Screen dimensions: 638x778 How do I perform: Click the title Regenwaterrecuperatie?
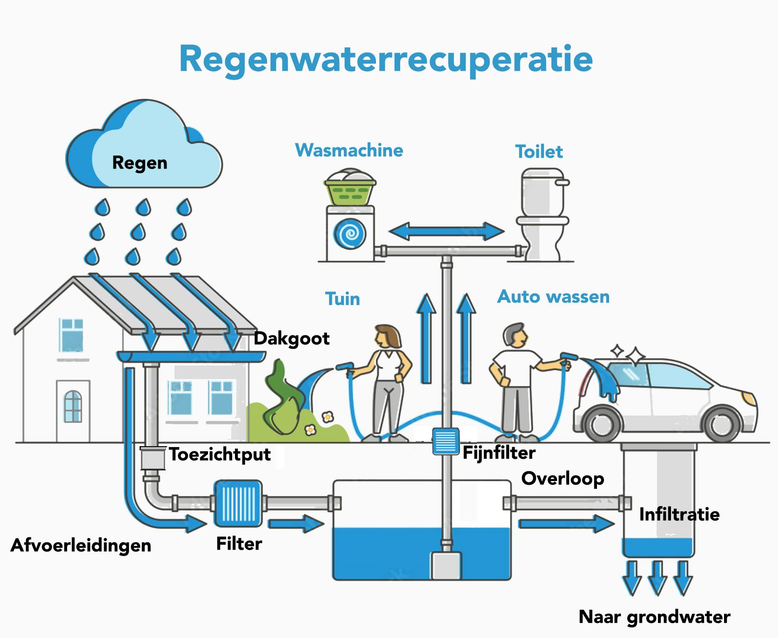[x=386, y=59]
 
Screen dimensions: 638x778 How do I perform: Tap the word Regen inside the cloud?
[x=140, y=163]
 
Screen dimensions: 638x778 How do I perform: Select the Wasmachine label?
[x=349, y=150]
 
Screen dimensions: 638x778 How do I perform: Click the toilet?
[x=543, y=214]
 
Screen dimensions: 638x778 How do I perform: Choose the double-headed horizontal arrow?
[x=446, y=231]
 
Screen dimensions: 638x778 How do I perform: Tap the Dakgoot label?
[x=292, y=339]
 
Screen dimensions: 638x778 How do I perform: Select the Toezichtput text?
[x=220, y=454]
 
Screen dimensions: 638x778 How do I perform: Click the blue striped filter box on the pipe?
[x=238, y=503]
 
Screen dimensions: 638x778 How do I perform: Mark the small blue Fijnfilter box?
[x=446, y=441]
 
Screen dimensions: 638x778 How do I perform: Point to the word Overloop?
[x=563, y=478]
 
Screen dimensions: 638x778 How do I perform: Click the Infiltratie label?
[x=679, y=514]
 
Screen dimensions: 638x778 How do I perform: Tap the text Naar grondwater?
[x=654, y=617]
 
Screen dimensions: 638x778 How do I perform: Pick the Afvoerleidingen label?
[x=81, y=545]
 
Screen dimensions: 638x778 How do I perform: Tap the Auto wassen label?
[x=553, y=297]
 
